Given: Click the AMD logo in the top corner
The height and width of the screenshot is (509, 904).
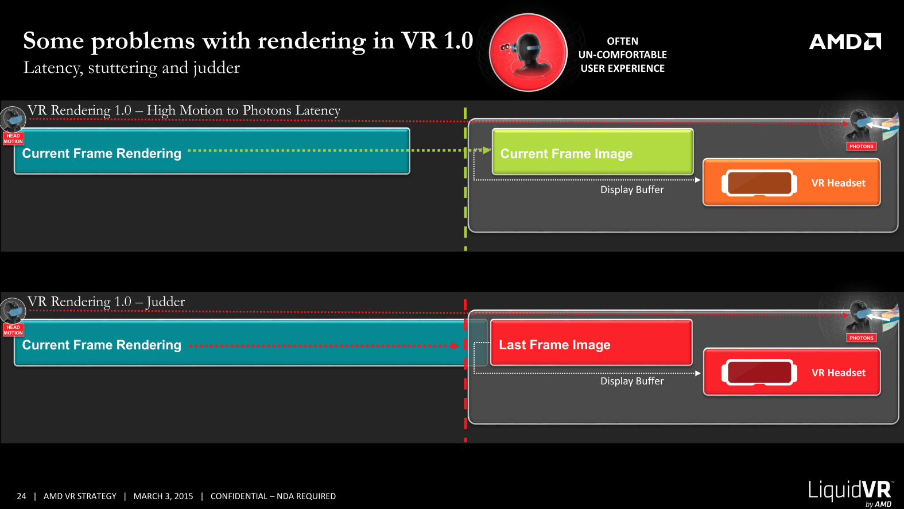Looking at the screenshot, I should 844,41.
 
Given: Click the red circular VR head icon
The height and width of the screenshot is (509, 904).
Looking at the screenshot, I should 528,53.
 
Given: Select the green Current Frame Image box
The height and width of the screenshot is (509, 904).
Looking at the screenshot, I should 592,152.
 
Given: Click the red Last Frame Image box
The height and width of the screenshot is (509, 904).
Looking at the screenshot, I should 591,343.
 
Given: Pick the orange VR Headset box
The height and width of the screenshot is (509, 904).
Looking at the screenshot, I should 792,183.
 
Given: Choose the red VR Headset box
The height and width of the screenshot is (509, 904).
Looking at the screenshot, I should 792,372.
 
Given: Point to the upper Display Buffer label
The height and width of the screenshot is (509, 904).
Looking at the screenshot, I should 632,190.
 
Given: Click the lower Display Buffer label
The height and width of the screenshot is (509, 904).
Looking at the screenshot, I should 632,381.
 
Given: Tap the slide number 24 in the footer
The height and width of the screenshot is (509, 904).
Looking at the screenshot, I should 21,496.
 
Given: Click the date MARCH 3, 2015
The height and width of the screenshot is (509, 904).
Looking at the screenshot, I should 163,496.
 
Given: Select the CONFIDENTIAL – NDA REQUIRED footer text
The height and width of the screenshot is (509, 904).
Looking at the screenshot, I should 273,496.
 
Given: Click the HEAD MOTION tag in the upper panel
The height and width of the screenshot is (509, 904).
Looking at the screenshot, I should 13,138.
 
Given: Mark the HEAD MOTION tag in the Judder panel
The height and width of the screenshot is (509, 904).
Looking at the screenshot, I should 13,330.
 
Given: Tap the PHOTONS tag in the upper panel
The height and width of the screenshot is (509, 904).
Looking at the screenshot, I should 861,146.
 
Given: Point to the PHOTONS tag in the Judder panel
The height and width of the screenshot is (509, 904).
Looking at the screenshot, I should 861,338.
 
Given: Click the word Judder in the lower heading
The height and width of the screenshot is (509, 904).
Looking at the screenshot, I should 166,302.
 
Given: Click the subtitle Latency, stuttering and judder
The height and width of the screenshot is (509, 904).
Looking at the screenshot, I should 131,68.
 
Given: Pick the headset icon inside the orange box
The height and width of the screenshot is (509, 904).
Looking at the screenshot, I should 759,183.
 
